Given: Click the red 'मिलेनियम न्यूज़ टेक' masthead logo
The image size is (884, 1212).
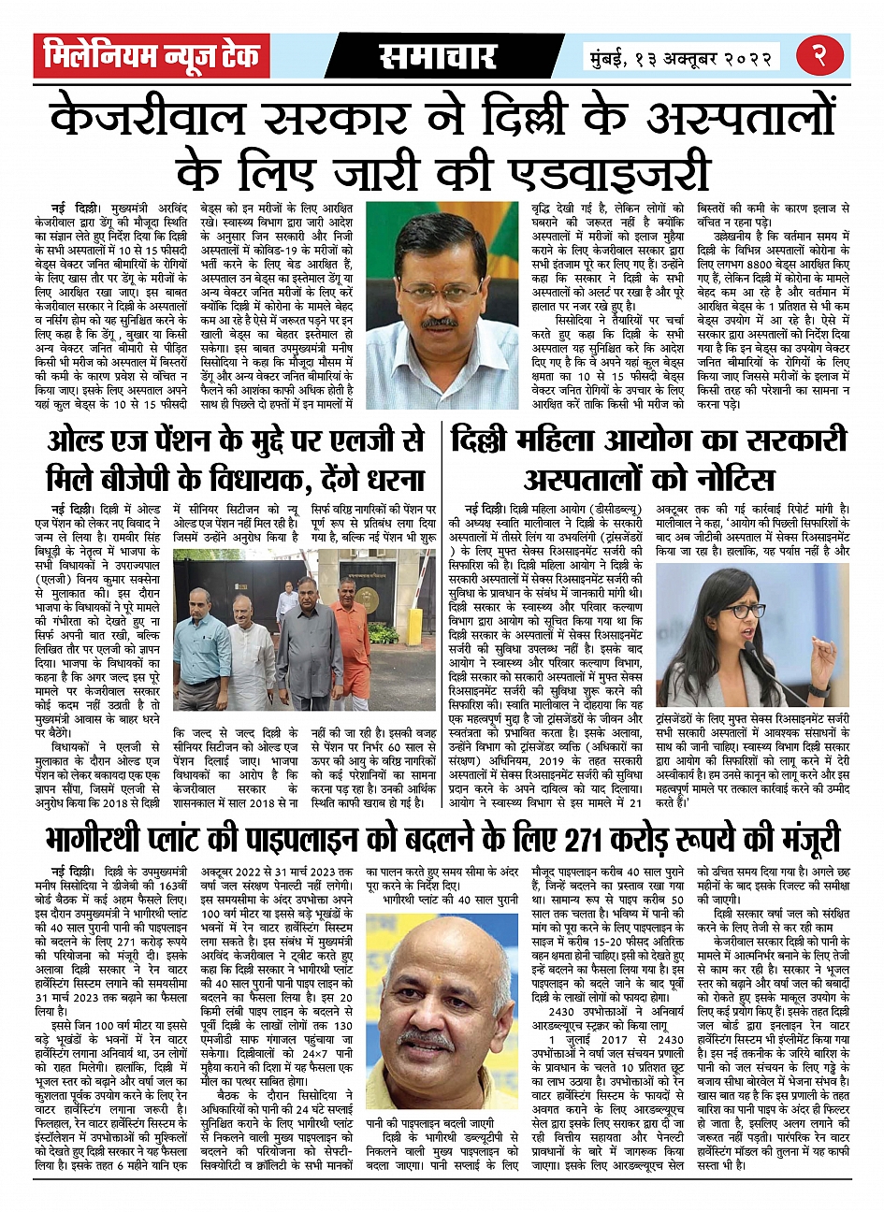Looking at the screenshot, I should tap(152, 57).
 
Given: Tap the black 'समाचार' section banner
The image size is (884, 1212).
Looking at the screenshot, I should tap(438, 57).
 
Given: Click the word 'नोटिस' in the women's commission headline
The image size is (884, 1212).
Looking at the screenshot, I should tap(723, 480).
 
